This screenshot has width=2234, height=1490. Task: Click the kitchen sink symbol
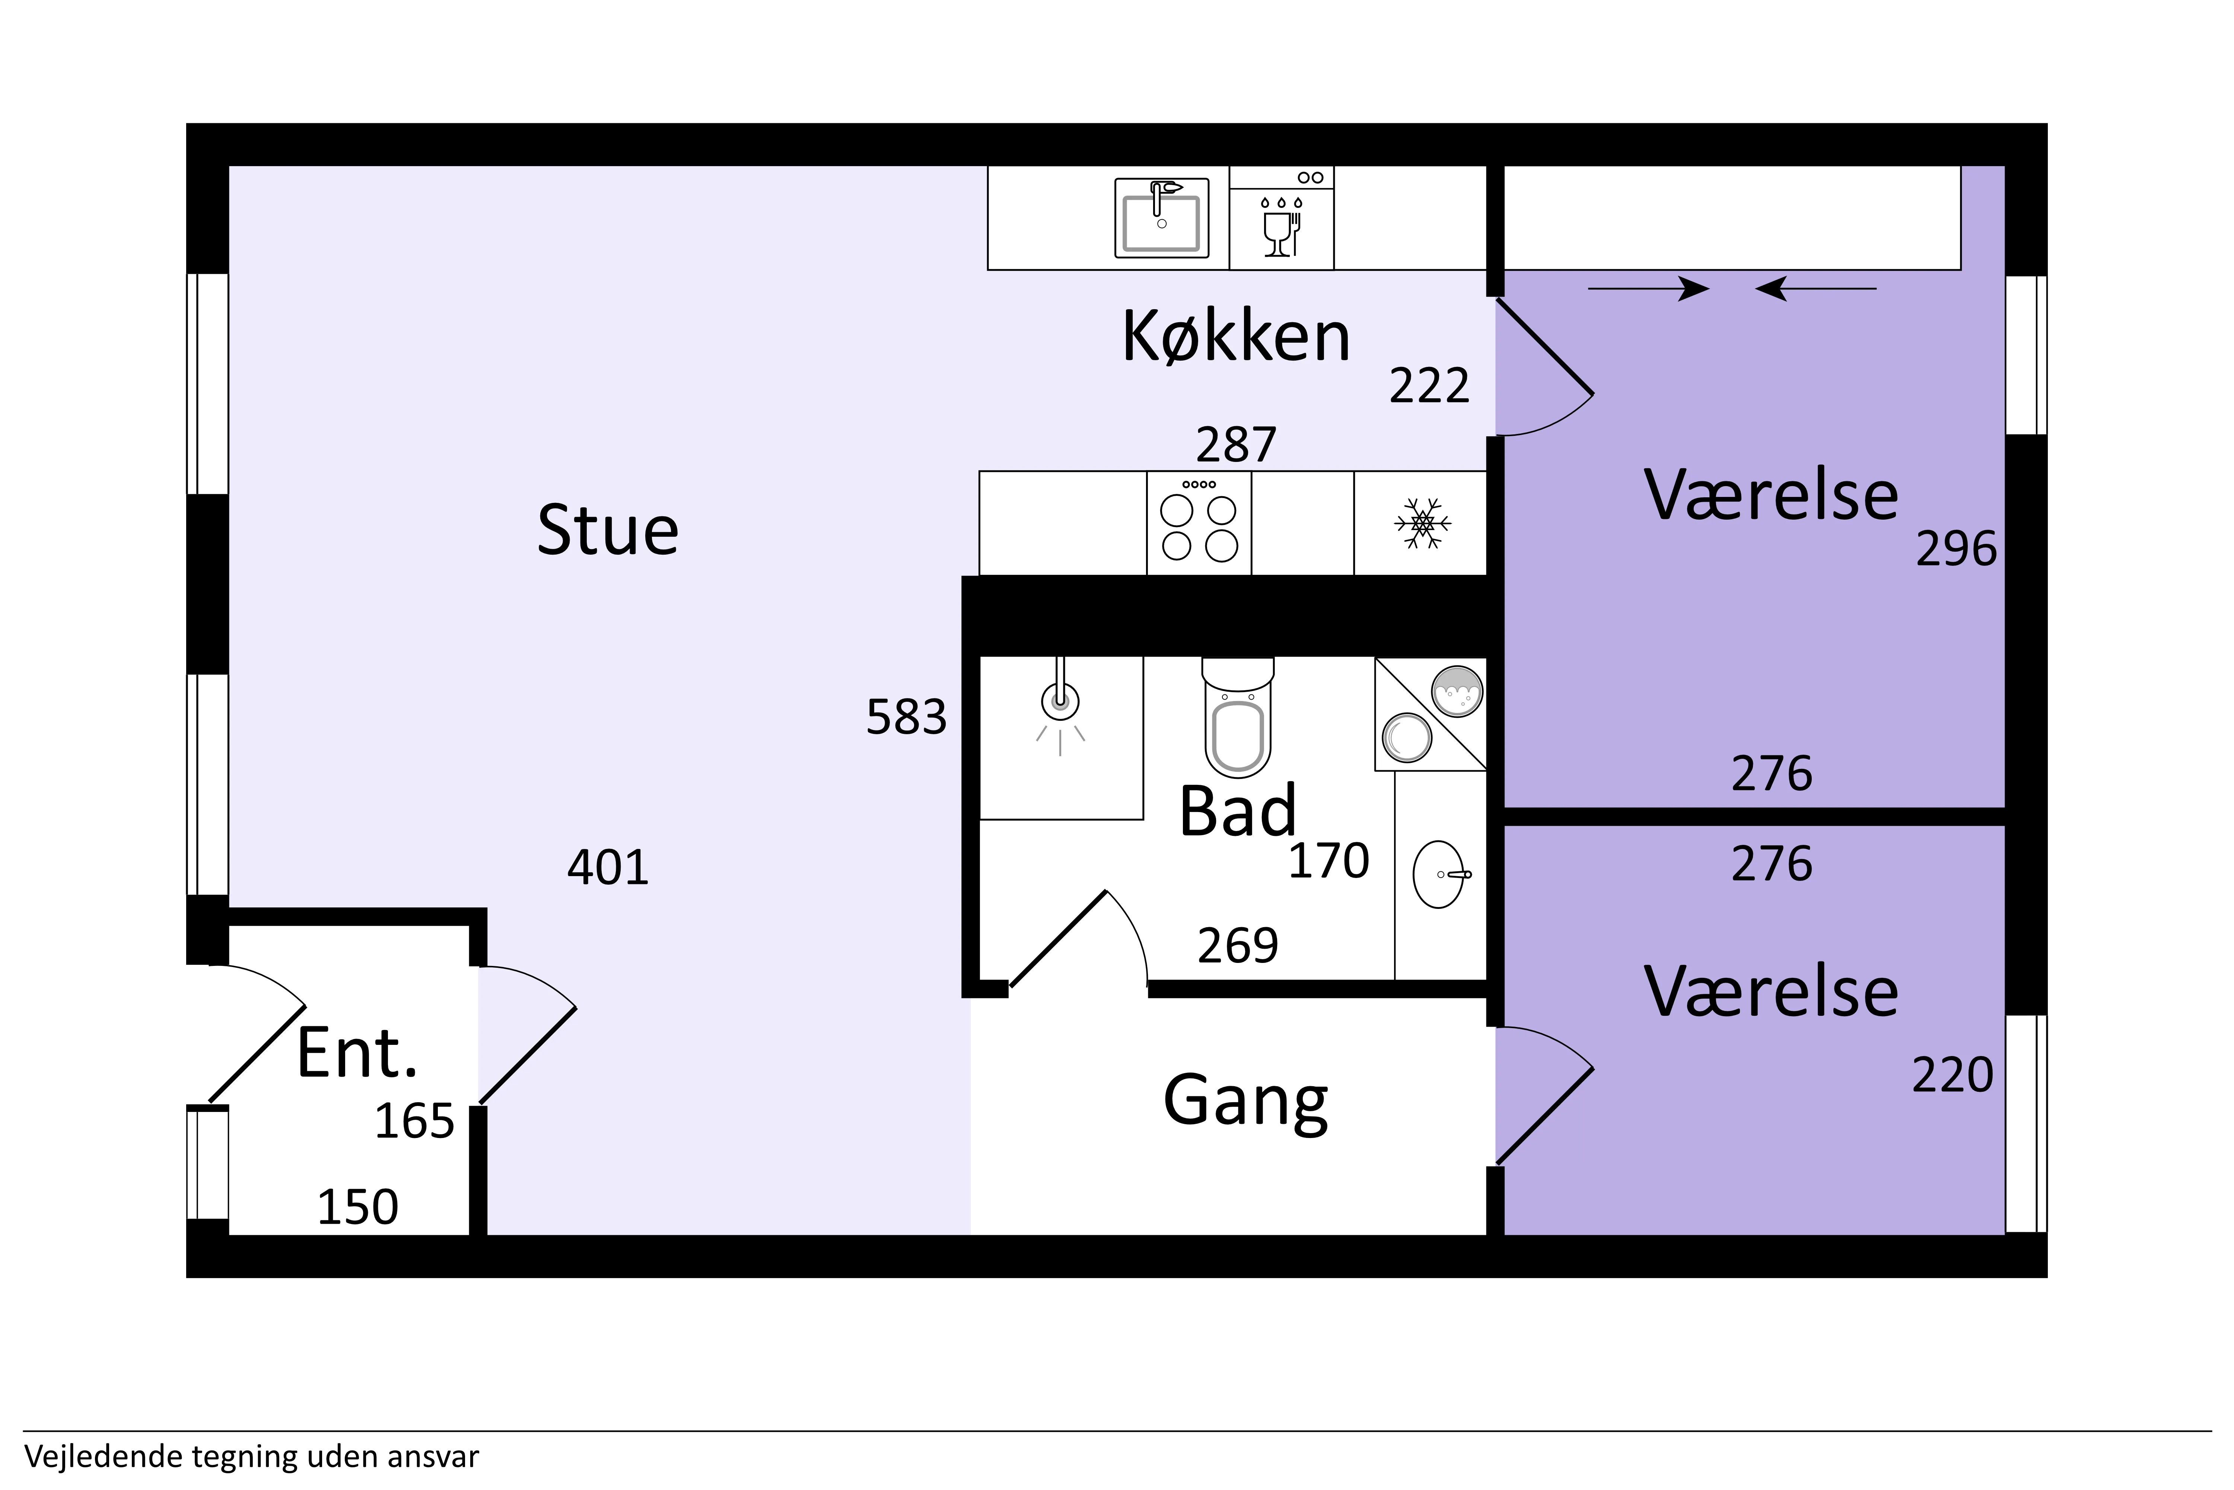(x=1162, y=218)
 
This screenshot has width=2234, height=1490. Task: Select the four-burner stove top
(x=1199, y=523)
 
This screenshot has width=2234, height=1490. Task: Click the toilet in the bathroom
(x=1238, y=717)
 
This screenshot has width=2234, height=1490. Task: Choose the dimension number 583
(x=906, y=717)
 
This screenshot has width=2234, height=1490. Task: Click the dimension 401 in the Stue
(x=608, y=868)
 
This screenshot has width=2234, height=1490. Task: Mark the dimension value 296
(x=1956, y=549)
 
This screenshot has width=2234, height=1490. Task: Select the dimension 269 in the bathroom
(x=1238, y=945)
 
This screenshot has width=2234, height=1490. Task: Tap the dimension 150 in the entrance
(x=357, y=1208)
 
